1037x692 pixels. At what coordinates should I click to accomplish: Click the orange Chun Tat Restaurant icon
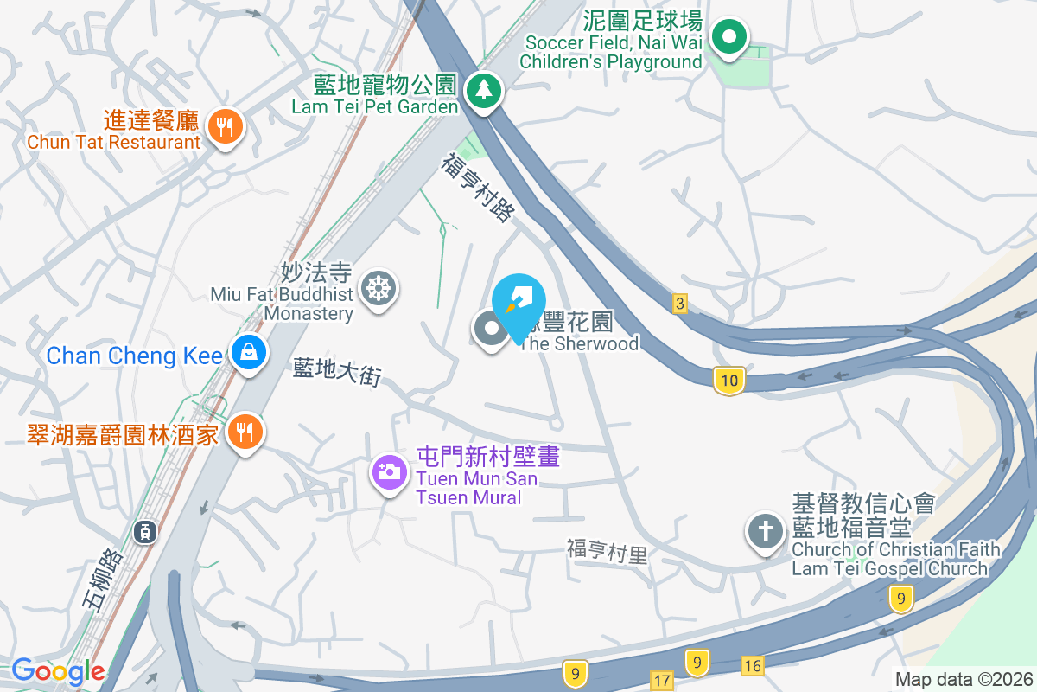[225, 128]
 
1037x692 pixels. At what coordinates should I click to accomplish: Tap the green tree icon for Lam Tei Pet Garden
[483, 90]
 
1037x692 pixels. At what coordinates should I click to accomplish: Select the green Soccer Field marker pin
[729, 37]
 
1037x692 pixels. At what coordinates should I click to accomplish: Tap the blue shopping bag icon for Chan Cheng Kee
[248, 353]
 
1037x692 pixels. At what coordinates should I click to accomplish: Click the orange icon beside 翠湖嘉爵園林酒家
[245, 431]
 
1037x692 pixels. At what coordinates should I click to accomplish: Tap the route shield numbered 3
[681, 304]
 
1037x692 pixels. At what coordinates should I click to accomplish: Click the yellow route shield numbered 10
[729, 380]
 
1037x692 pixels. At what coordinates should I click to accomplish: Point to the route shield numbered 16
[753, 664]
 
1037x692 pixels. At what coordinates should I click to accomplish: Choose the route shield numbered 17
[662, 681]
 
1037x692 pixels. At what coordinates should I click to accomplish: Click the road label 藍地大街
[337, 373]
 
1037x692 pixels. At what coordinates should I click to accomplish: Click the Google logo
[58, 671]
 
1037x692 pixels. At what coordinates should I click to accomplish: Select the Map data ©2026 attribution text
[963, 680]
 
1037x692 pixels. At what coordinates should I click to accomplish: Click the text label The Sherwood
[579, 343]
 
